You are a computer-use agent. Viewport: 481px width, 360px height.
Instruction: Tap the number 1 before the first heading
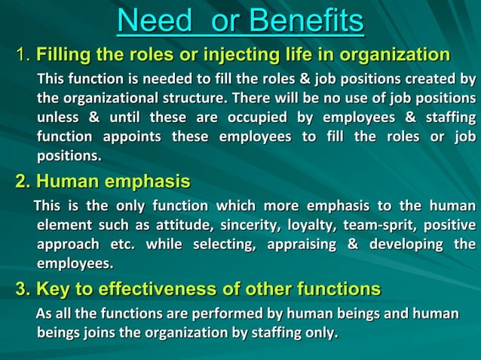[x=22, y=55]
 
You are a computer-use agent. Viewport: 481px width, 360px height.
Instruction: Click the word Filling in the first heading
[x=64, y=55]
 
